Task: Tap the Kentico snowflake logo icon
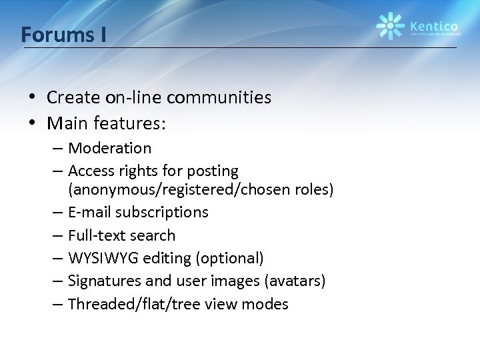pyautogui.click(x=390, y=26)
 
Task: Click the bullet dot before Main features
pyautogui.click(x=32, y=123)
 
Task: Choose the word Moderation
pyautogui.click(x=109, y=147)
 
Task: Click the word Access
pyautogui.click(x=90, y=171)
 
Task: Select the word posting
pyautogui.click(x=213, y=171)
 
